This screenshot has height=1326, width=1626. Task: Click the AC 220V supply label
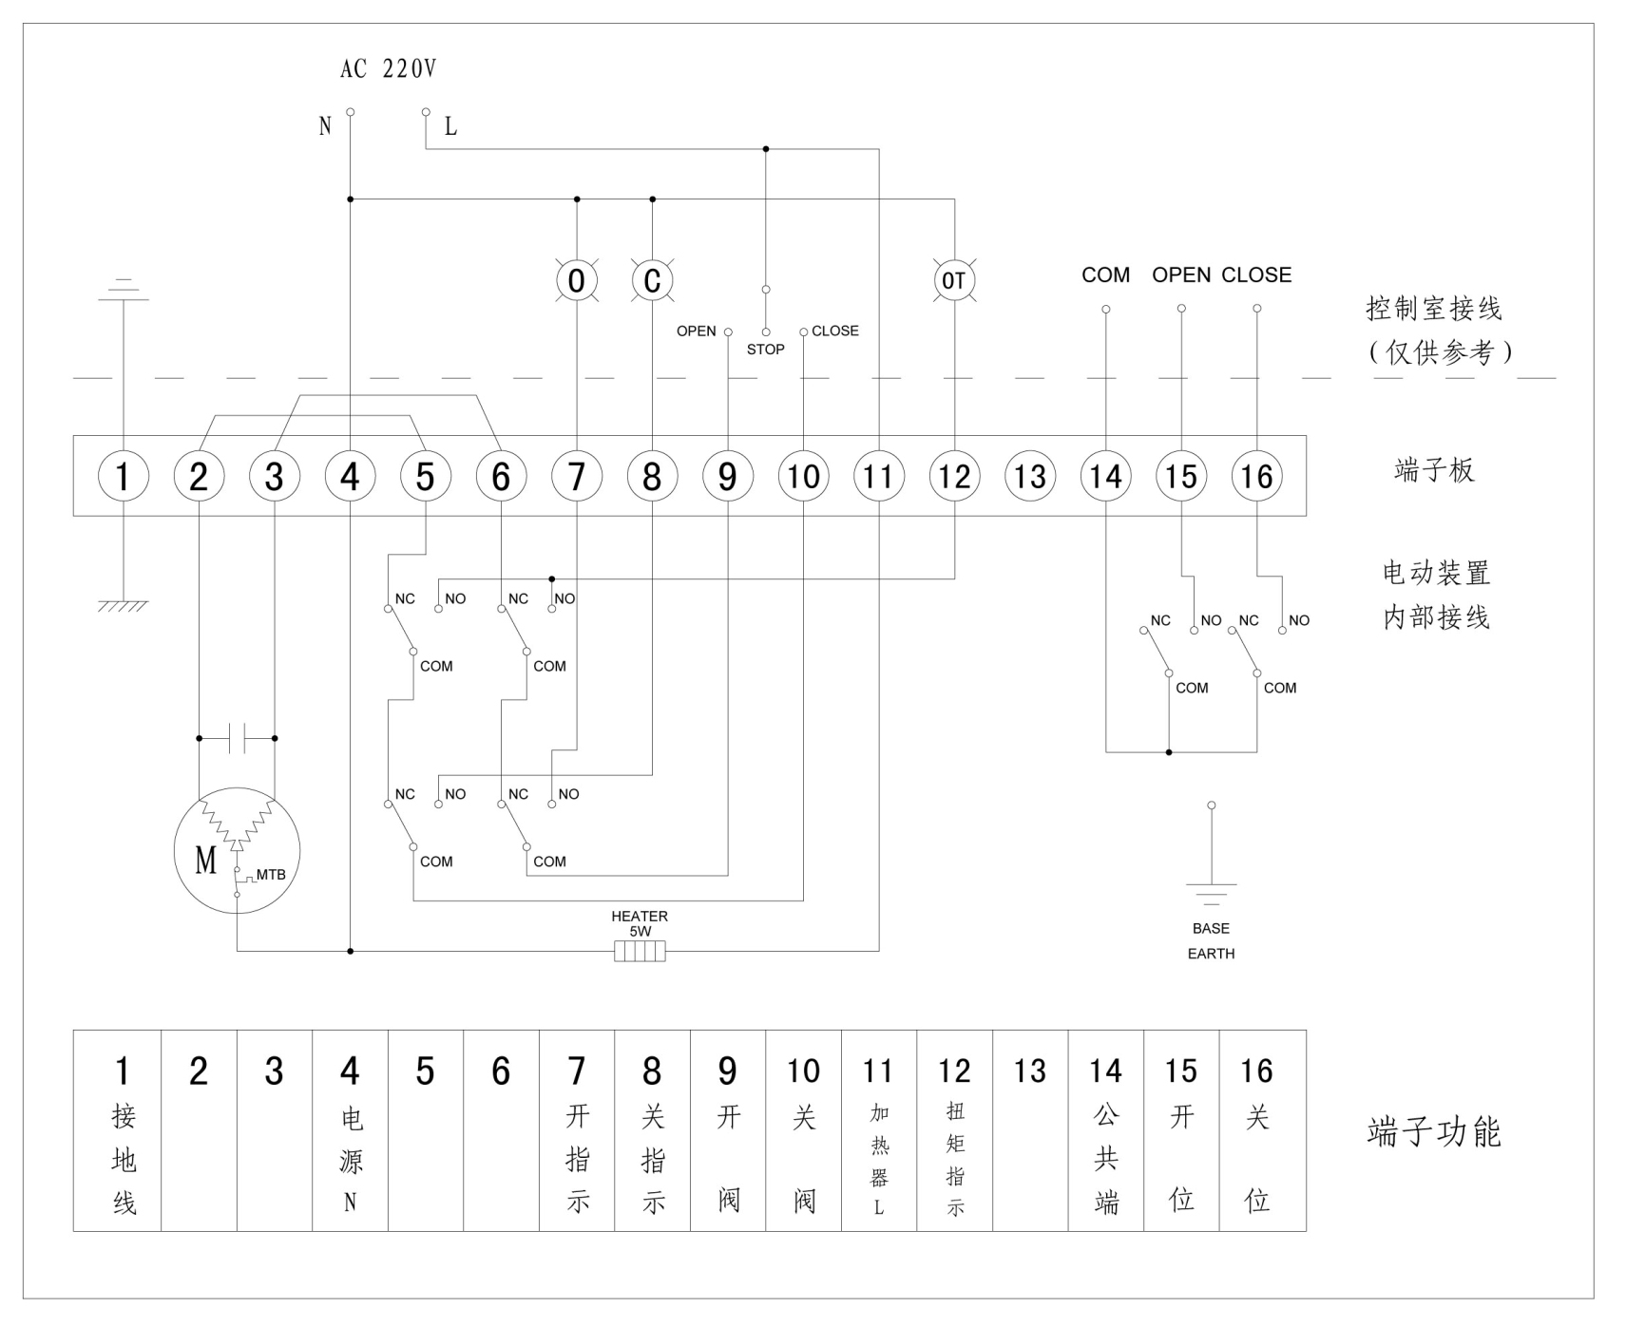pos(388,68)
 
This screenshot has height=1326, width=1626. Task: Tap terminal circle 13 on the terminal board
pos(1030,476)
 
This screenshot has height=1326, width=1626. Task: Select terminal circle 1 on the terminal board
pos(124,476)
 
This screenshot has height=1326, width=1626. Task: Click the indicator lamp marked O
pos(577,281)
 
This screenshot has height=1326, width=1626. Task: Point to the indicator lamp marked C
pos(652,281)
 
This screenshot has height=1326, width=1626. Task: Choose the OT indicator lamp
pos(954,281)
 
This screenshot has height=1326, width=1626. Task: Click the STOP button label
pos(765,350)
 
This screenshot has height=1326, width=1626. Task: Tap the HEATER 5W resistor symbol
pos(640,951)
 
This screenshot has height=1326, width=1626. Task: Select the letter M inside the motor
pos(206,861)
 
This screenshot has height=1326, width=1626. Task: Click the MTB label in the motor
pos(271,875)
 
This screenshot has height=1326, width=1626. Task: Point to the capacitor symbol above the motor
pos(237,738)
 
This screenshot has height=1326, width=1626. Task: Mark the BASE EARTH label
pos(1211,940)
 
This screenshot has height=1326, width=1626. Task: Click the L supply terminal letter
pos(450,126)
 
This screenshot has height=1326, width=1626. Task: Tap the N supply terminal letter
pos(325,126)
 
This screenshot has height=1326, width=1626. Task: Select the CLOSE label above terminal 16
pos(1256,275)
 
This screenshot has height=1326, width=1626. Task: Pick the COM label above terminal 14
pos(1105,275)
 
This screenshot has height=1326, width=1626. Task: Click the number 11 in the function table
pos(878,1071)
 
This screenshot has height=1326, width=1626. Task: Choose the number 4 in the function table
pos(350,1071)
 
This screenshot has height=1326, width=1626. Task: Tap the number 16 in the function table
pos(1256,1071)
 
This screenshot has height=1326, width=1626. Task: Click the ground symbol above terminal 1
pos(124,290)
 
